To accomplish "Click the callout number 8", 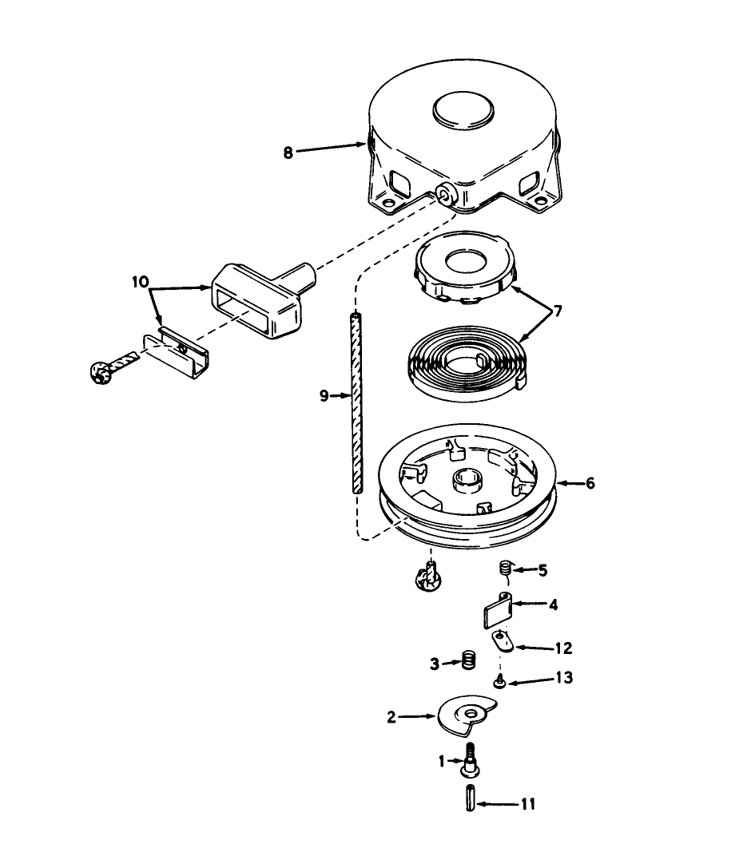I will (x=288, y=151).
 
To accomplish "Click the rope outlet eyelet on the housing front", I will (x=444, y=192).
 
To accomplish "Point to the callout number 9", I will (x=324, y=395).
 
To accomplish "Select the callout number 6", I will (x=590, y=484).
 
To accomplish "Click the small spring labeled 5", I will (x=505, y=569).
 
